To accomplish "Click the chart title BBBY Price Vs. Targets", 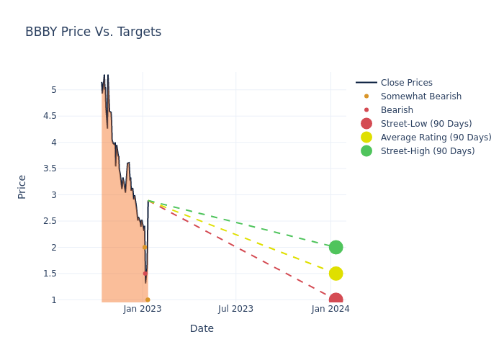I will click(93, 32).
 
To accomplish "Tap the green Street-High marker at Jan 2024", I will click(336, 247).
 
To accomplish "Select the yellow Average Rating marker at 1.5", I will click(336, 274).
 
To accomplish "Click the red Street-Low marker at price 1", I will click(336, 300).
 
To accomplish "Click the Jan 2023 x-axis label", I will click(143, 309).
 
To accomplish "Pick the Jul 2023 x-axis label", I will click(235, 309).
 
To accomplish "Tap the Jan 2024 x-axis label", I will click(330, 309).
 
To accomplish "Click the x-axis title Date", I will click(202, 328).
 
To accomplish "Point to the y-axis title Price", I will click(22, 186).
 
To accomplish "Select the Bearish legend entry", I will click(397, 110).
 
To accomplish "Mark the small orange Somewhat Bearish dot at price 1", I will click(148, 300).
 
